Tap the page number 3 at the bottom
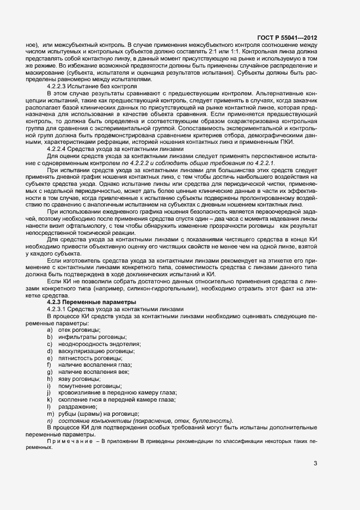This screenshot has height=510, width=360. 315,464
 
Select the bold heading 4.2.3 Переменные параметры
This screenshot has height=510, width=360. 87,301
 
